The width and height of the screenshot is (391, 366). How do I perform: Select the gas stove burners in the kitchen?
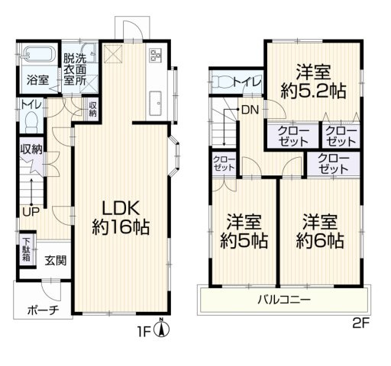[x=156, y=55]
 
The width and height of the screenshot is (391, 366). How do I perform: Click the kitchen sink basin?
[x=156, y=104]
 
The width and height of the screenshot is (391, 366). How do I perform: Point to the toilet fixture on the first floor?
[x=31, y=120]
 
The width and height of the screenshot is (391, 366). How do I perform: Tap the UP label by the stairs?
[x=31, y=211]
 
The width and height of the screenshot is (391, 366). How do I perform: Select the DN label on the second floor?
[x=250, y=110]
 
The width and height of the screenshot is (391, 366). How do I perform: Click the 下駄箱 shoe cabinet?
[x=27, y=249]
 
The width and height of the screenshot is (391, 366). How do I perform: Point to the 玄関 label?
[x=56, y=260]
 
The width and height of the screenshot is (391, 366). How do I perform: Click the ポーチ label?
[x=44, y=310]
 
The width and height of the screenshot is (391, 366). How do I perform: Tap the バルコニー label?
[x=284, y=300]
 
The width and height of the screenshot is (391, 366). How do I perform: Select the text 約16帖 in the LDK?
[x=121, y=227]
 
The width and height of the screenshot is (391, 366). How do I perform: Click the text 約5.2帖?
[x=313, y=91]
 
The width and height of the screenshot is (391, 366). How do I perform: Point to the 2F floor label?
[x=360, y=323]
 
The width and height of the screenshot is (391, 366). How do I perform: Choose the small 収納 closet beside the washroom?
[x=92, y=109]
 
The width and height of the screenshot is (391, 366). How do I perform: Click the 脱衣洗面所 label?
[x=75, y=69]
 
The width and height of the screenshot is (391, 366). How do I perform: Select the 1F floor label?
[x=145, y=332]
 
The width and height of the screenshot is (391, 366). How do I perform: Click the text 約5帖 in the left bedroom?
[x=244, y=240]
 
